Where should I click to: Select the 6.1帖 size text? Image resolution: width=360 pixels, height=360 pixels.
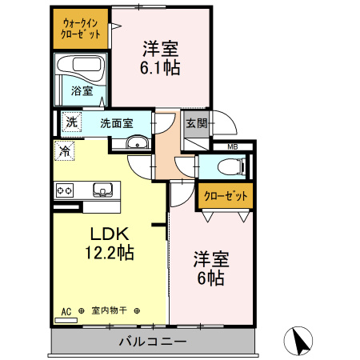(161, 67)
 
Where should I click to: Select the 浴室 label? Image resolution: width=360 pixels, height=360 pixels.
(81, 91)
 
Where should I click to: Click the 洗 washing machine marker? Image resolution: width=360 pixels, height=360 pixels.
(72, 122)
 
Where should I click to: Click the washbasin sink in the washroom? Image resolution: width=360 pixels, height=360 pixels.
(137, 144)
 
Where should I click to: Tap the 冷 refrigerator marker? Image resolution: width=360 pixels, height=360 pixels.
(64, 149)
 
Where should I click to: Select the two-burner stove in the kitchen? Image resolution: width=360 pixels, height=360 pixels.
(65, 190)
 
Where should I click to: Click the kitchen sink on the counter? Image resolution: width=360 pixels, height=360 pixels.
(103, 190)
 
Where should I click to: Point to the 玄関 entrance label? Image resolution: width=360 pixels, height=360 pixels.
(196, 123)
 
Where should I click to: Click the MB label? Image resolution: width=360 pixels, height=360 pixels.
(233, 147)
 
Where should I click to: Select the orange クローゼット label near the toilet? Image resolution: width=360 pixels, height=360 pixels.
(224, 195)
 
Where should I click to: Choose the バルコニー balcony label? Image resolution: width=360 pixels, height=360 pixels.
(153, 342)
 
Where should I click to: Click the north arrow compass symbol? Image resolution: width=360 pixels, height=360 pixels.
(301, 342)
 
